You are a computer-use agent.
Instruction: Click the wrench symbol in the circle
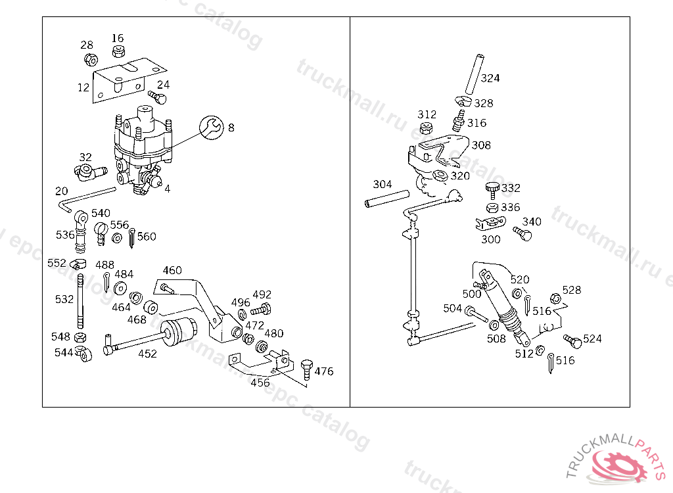tap(212, 127)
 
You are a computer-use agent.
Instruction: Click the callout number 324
tap(490, 78)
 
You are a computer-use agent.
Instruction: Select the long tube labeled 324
tap(475, 74)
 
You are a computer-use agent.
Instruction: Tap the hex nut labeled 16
tap(118, 51)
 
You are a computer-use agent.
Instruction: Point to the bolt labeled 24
tap(157, 97)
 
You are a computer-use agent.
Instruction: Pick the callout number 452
tap(147, 354)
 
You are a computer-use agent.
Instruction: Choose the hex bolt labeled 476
tap(306, 369)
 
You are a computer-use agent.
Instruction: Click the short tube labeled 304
tap(386, 199)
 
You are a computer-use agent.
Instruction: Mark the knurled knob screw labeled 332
tap(492, 190)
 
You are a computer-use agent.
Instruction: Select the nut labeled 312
tap(425, 128)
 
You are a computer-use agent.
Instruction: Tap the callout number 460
tap(172, 271)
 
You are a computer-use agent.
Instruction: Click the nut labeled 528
tap(555, 298)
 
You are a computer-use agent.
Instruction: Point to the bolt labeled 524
tap(572, 341)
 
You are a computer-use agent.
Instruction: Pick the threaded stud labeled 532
tap(80, 302)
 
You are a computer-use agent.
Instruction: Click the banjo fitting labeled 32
tap(89, 172)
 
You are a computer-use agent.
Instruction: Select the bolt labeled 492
tap(260, 309)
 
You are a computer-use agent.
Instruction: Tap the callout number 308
tap(481, 145)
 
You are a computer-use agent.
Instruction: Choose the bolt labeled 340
tap(522, 233)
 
